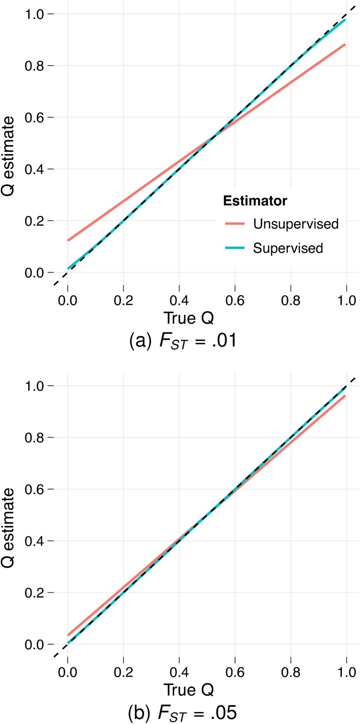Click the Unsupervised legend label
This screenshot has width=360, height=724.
(296, 224)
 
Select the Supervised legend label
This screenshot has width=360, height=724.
(288, 248)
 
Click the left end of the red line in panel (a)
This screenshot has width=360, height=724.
(68, 240)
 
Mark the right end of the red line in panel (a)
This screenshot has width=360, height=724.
(345, 44)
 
